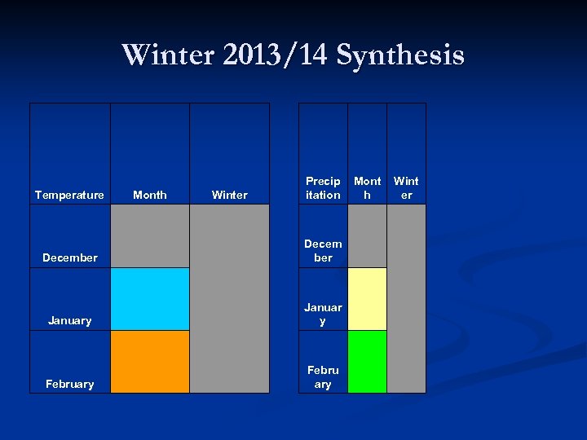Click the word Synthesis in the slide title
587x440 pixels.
click(x=399, y=55)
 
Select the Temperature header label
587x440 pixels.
click(x=69, y=195)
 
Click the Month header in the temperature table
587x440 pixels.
click(x=149, y=195)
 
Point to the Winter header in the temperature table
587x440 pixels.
click(x=229, y=195)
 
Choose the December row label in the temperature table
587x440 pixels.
click(x=69, y=257)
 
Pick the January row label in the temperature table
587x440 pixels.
click(x=69, y=320)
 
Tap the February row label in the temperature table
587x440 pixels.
click(x=69, y=384)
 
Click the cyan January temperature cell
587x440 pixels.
click(x=150, y=299)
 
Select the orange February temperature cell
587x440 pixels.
click(x=150, y=362)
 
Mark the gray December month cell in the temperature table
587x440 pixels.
click(x=150, y=236)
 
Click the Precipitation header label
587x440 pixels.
click(x=323, y=188)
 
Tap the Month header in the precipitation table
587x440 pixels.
click(x=367, y=188)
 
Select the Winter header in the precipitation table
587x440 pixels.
click(x=406, y=188)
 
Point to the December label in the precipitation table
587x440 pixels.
click(x=323, y=251)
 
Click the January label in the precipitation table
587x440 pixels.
click(x=323, y=314)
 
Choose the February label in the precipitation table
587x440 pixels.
click(x=323, y=376)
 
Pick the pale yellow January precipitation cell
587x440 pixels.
click(x=367, y=299)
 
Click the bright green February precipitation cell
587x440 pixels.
click(x=367, y=362)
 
